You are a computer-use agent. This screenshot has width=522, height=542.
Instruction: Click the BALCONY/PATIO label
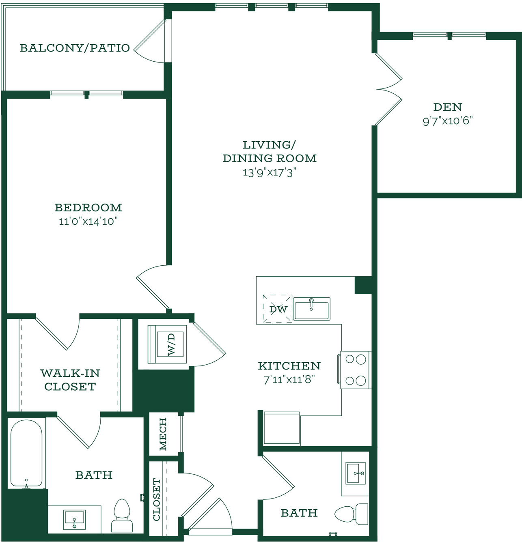tap(75, 48)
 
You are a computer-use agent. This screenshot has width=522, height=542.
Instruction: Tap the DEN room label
tap(448, 107)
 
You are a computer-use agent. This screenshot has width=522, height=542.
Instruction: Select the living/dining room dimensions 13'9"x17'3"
tap(269, 173)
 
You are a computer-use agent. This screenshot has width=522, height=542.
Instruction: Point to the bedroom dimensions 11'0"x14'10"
tap(88, 222)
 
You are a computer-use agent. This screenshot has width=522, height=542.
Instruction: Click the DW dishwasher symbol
tap(278, 309)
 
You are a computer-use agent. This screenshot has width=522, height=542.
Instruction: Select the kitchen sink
tap(312, 309)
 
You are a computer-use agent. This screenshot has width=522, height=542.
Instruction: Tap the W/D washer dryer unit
tap(167, 344)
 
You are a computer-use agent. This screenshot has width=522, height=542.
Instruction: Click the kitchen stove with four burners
tap(354, 370)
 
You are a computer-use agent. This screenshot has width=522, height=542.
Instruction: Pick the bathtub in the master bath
tap(26, 454)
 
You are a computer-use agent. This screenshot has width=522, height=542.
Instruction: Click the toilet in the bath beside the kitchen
tap(351, 514)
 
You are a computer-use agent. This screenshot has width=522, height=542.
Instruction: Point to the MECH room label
tap(163, 434)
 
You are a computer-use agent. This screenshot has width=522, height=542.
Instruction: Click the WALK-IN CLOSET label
tap(70, 380)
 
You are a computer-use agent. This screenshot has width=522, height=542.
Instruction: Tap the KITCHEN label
tap(289, 366)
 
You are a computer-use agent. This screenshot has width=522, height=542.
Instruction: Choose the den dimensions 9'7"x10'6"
tap(448, 121)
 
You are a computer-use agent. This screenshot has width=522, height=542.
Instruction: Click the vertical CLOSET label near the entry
tap(157, 500)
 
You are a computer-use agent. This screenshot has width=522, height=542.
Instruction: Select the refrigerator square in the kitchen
tap(282, 428)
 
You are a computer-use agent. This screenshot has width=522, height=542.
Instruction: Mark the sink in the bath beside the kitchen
tap(355, 473)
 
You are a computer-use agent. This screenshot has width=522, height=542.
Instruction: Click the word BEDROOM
tap(88, 207)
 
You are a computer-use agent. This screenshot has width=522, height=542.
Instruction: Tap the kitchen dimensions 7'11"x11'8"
tap(289, 380)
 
